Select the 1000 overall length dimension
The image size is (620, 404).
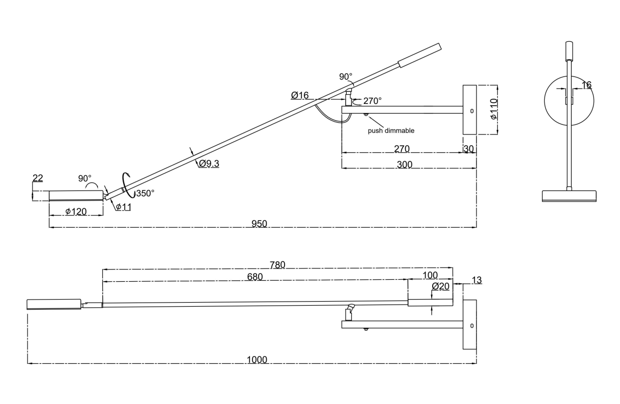tap(257, 360)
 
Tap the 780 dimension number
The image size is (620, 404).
tap(277, 264)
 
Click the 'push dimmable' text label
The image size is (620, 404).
tap(391, 130)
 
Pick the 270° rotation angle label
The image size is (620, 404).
tap(372, 101)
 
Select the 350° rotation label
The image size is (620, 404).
tap(145, 193)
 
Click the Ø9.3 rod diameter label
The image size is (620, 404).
tap(209, 164)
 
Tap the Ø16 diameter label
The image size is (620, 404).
tap(300, 95)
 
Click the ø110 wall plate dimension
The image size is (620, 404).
tap(492, 110)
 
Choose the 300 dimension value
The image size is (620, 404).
tap(404, 164)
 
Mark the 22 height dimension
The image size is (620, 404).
tap(38, 178)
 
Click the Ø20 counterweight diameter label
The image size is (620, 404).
tap(440, 286)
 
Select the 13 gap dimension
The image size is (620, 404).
tap(476, 280)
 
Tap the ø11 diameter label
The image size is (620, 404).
tap(123, 206)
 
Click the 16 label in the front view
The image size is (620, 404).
tap(586, 85)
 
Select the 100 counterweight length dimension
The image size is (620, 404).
tap(430, 275)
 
